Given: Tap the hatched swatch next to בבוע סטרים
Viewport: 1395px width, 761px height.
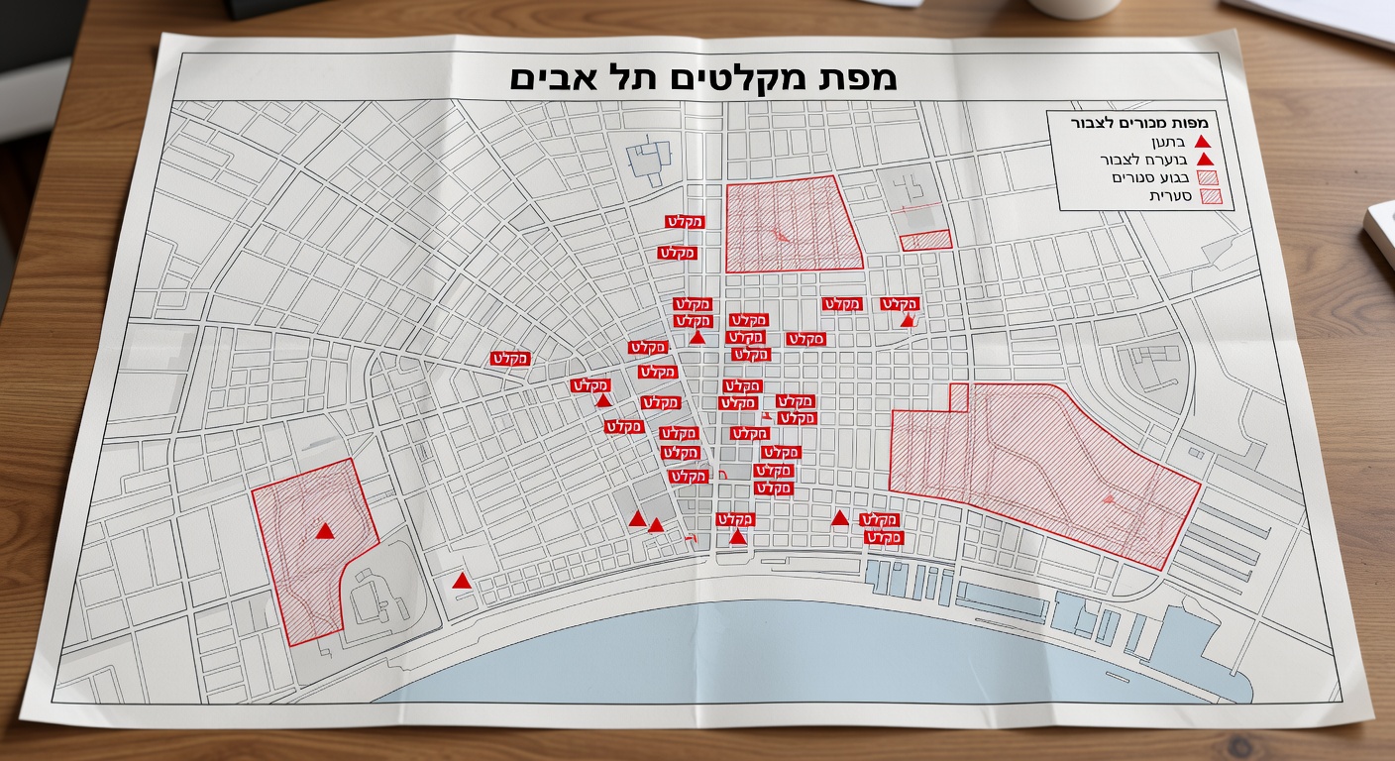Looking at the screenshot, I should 1209,178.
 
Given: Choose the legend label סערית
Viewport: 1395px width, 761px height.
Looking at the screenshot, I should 1169,196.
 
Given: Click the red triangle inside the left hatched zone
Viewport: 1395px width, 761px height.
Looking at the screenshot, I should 325,531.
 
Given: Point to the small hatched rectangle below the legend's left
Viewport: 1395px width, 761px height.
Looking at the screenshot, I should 925,240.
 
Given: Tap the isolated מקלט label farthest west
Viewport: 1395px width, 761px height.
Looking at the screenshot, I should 510,359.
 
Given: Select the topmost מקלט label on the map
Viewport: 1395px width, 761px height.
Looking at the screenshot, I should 684,222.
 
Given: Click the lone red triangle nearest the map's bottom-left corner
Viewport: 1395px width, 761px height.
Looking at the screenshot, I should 461,581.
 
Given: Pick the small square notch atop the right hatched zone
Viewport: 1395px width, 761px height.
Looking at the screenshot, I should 958,396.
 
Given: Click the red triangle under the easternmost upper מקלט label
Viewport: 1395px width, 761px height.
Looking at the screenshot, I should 908,320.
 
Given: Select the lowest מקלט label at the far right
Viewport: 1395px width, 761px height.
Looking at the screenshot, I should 884,538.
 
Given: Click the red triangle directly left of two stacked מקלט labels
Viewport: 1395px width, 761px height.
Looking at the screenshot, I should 840,517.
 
